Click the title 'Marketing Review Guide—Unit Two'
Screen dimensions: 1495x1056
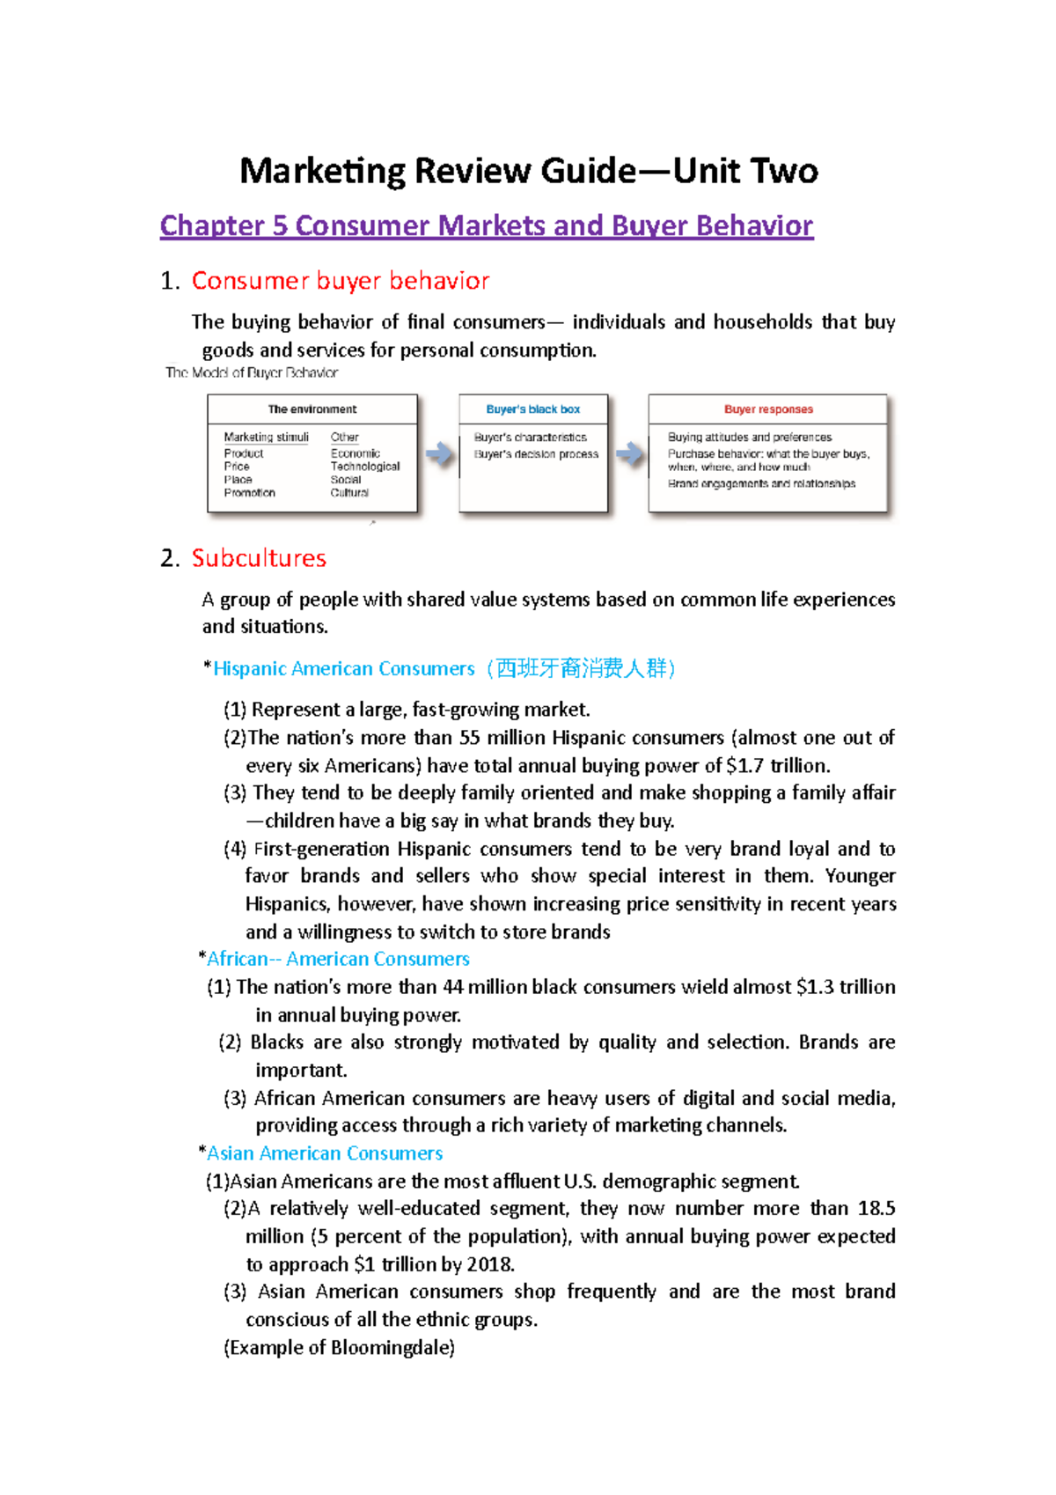click(x=528, y=171)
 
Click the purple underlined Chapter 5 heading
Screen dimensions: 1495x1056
click(x=486, y=225)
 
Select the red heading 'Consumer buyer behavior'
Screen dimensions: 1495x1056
click(x=340, y=281)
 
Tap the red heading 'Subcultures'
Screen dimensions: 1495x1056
click(x=259, y=558)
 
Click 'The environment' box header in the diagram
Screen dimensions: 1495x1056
click(x=312, y=409)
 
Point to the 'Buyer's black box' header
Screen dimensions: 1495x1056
click(x=532, y=409)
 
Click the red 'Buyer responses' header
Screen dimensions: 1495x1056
click(x=768, y=409)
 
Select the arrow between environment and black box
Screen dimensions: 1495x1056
click(x=439, y=454)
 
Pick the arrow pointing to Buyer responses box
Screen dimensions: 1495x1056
click(x=628, y=454)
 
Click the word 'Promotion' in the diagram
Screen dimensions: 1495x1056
click(x=249, y=493)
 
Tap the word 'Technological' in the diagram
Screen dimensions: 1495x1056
click(x=364, y=467)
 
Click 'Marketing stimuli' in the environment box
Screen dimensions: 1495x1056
click(x=266, y=438)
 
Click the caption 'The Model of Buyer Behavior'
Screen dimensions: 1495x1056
click(x=252, y=372)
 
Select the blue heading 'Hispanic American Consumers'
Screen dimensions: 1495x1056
click(x=343, y=669)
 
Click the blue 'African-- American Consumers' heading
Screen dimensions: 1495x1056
click(x=338, y=959)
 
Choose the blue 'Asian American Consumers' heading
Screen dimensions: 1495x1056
click(x=325, y=1153)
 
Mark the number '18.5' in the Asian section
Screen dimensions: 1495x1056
click(x=876, y=1209)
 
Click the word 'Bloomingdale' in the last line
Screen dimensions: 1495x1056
click(x=389, y=1348)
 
